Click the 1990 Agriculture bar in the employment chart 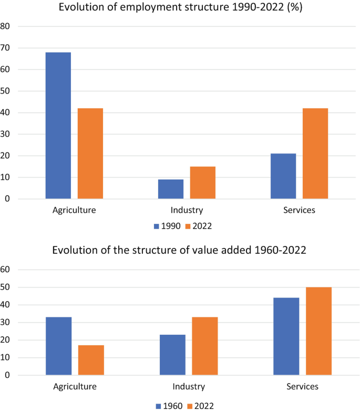tap(58, 125)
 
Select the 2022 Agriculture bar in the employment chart tap(90, 153)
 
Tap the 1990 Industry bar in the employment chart tap(171, 189)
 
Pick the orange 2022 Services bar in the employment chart tap(315, 153)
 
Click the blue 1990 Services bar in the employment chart tap(283, 176)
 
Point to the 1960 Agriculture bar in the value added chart tap(59, 346)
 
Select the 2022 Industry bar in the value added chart tap(205, 346)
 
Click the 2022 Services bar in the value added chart tap(318, 331)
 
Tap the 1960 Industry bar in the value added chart tap(172, 355)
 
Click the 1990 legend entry tap(167, 226)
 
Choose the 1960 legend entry tap(169, 406)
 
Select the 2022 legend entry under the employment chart tap(199, 226)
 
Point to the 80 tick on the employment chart tap(5, 26)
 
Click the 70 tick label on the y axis tap(5, 48)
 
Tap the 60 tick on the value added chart tap(5, 270)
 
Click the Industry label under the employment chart tap(187, 210)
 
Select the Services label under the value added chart tap(303, 387)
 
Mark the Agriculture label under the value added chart tap(75, 387)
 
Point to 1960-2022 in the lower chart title tap(281, 250)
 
